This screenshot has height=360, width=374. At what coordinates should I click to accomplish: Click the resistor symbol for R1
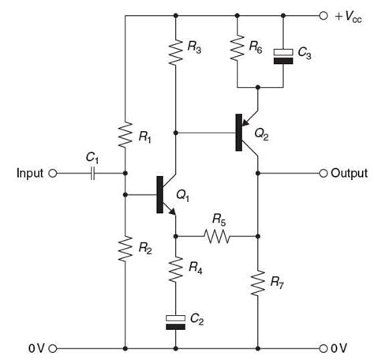(x=125, y=134)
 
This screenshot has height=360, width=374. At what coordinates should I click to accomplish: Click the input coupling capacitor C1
(x=93, y=173)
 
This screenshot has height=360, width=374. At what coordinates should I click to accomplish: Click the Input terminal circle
(x=53, y=173)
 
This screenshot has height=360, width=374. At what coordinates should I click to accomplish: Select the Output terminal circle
(x=323, y=173)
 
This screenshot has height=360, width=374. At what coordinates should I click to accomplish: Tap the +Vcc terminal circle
(x=323, y=15)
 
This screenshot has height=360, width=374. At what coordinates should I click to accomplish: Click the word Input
(x=31, y=173)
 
